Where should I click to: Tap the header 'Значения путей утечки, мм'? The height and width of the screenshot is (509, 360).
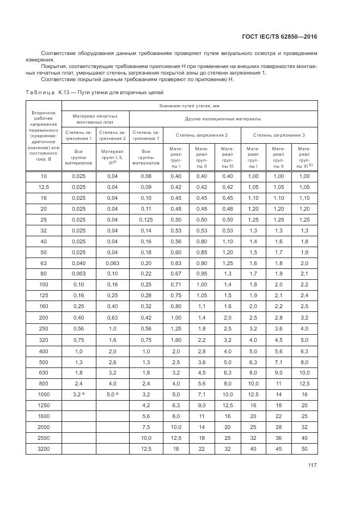(190, 106)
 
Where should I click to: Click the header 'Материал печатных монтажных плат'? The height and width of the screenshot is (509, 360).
(95, 118)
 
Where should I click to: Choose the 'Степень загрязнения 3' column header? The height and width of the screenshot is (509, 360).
(279, 134)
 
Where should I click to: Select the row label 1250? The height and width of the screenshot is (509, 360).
(43, 405)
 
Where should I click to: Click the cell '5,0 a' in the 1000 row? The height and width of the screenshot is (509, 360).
(112, 394)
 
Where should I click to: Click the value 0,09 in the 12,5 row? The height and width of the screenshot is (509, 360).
(145, 187)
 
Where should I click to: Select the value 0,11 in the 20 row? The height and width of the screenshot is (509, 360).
(145, 208)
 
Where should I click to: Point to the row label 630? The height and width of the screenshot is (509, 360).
(43, 373)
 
